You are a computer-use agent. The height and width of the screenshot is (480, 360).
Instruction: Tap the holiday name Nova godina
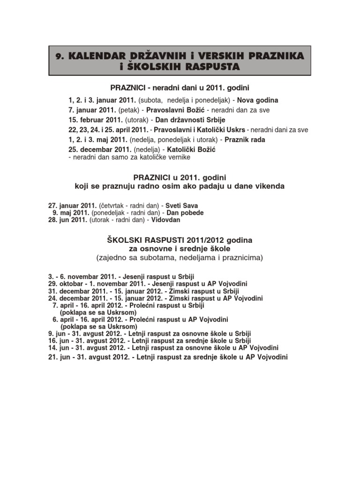pos(257,100)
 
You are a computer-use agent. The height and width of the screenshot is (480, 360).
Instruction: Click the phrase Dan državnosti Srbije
pos(186,120)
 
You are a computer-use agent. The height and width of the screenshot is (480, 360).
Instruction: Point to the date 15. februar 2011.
pos(96,120)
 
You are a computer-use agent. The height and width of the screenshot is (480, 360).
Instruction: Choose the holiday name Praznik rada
pos(245,139)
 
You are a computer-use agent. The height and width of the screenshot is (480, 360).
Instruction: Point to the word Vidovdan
pos(165,219)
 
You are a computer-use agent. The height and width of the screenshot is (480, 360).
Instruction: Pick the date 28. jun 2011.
pos(67,219)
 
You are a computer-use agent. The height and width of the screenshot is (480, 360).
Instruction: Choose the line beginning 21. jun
pos(167,357)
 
